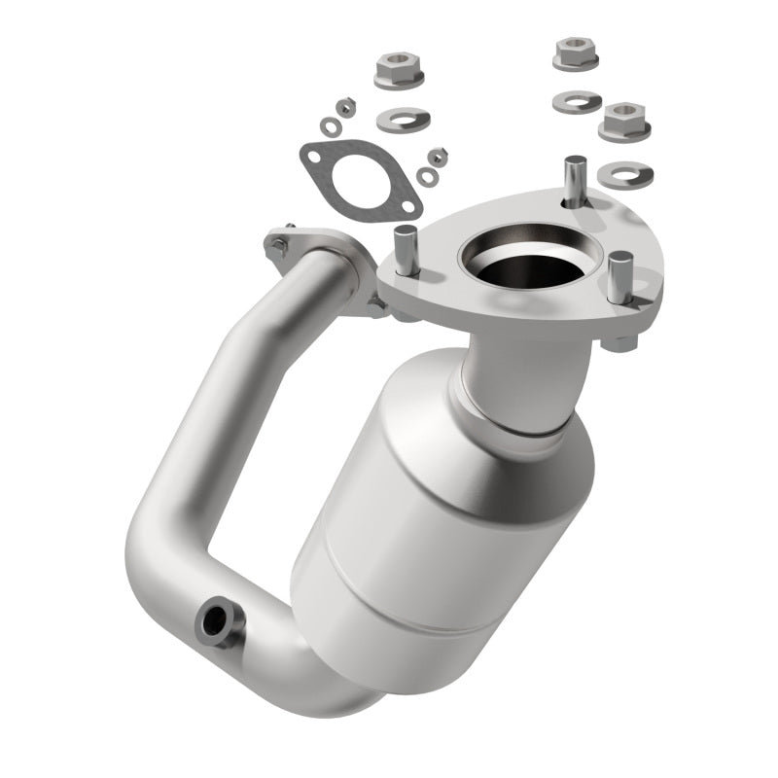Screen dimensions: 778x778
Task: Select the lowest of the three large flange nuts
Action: coord(620,122)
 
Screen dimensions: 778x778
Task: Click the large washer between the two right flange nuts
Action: coord(575,101)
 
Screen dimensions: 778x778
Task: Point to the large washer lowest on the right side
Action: coord(624,174)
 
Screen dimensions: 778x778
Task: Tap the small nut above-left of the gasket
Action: coord(343,105)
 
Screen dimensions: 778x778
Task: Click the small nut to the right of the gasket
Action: coord(438,156)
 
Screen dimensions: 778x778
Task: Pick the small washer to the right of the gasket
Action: coord(427,176)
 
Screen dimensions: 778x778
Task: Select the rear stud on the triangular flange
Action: coord(576,175)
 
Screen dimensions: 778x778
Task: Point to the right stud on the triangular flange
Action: coord(619,277)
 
